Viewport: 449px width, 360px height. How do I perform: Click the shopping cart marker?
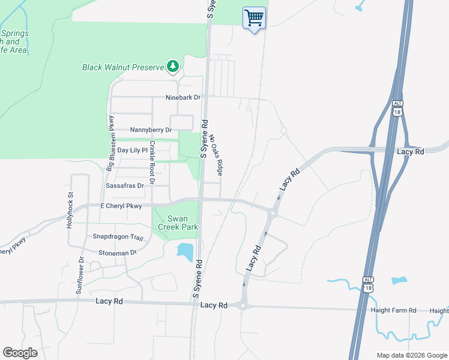(254, 19)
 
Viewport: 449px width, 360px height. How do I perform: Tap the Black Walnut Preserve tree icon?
(173, 67)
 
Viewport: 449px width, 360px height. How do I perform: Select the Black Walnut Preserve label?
(123, 67)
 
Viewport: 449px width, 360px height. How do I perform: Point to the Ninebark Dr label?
(184, 97)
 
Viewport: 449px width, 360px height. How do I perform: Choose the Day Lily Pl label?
(132, 150)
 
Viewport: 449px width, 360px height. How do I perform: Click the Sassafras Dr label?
(125, 186)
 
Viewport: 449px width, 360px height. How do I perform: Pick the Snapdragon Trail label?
(118, 237)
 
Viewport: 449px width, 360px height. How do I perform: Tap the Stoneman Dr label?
(118, 253)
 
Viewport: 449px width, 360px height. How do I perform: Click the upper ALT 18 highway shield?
(397, 108)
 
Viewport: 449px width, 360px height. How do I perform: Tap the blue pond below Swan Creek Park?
(185, 252)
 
